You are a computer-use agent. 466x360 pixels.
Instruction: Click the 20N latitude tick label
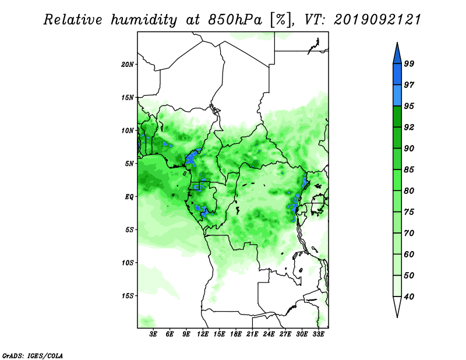click(128, 65)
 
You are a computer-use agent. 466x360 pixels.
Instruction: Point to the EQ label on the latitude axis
click(129, 197)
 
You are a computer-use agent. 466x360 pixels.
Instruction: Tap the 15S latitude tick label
click(128, 296)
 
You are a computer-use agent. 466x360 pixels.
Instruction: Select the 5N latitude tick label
click(129, 164)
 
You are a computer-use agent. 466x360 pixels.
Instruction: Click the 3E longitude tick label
click(153, 334)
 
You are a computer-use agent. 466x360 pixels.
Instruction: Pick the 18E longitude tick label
click(236, 334)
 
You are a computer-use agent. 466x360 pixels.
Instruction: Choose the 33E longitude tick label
click(318, 334)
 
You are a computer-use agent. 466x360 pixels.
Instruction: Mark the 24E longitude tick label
click(269, 334)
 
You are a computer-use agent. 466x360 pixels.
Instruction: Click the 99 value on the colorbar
click(409, 63)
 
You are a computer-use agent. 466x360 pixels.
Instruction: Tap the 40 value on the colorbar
click(409, 297)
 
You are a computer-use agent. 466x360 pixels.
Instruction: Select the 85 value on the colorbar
click(409, 170)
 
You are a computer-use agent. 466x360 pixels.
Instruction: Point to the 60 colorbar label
click(409, 254)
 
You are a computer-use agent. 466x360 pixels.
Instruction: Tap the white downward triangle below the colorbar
click(397, 305)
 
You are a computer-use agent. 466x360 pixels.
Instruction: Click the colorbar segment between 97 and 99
click(397, 75)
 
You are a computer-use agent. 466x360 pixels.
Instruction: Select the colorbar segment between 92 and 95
click(397, 117)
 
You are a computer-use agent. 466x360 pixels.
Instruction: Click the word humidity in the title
click(144, 20)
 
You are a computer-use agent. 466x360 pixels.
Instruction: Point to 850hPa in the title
click(235, 20)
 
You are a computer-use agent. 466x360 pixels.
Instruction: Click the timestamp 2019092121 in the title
click(377, 20)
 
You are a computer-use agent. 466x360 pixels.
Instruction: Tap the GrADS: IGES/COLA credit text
click(33, 355)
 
